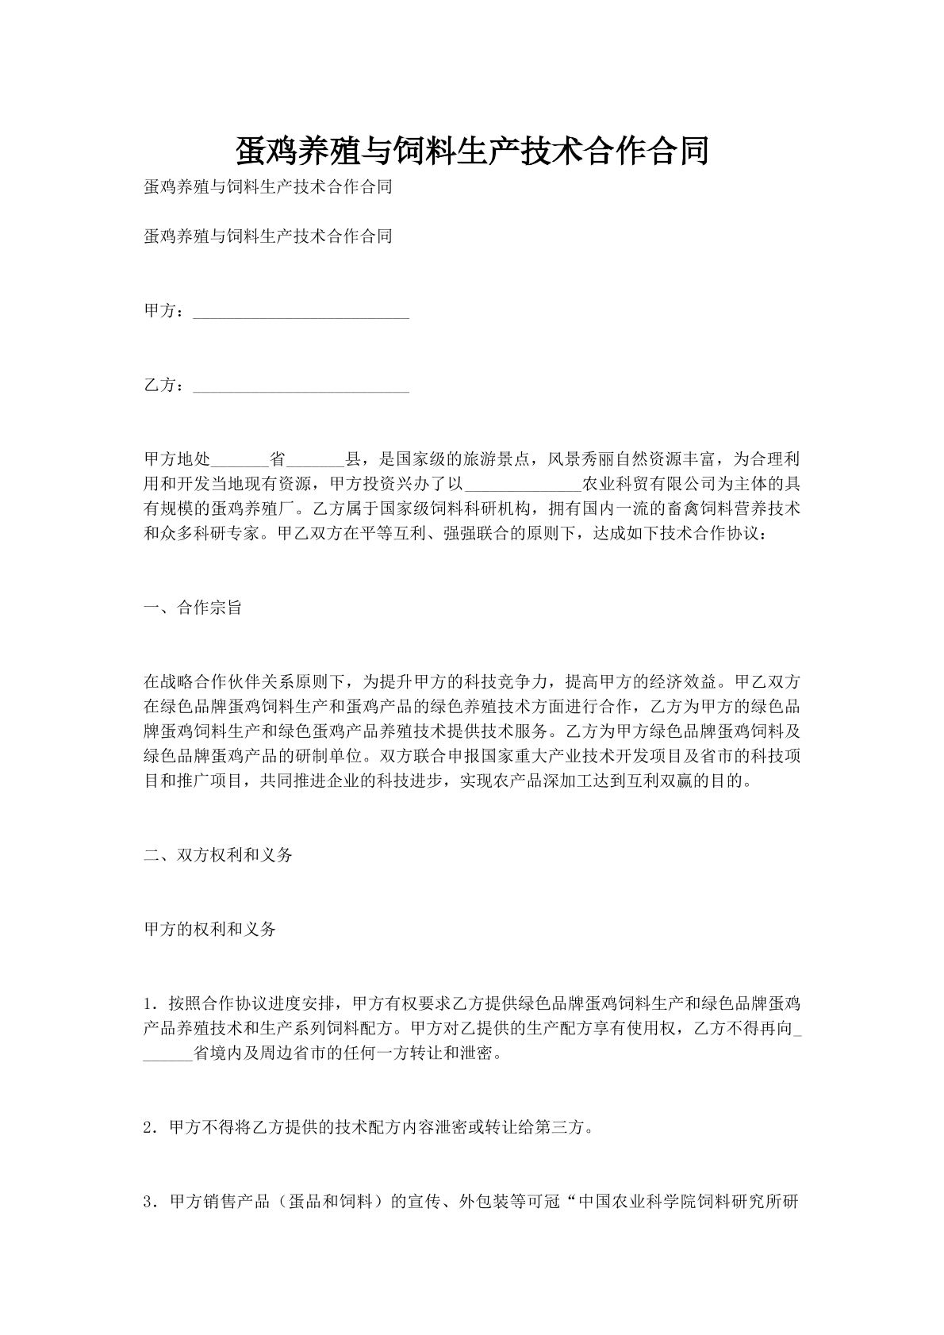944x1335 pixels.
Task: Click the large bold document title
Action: coord(472,150)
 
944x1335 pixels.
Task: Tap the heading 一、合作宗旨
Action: coord(193,608)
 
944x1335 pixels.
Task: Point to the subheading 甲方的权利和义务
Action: coord(209,929)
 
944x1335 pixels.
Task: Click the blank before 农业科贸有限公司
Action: coord(524,485)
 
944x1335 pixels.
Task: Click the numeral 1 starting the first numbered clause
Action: coord(148,1003)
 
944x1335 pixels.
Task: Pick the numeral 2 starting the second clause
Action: coord(148,1127)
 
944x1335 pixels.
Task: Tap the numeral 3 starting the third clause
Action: coord(148,1201)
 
